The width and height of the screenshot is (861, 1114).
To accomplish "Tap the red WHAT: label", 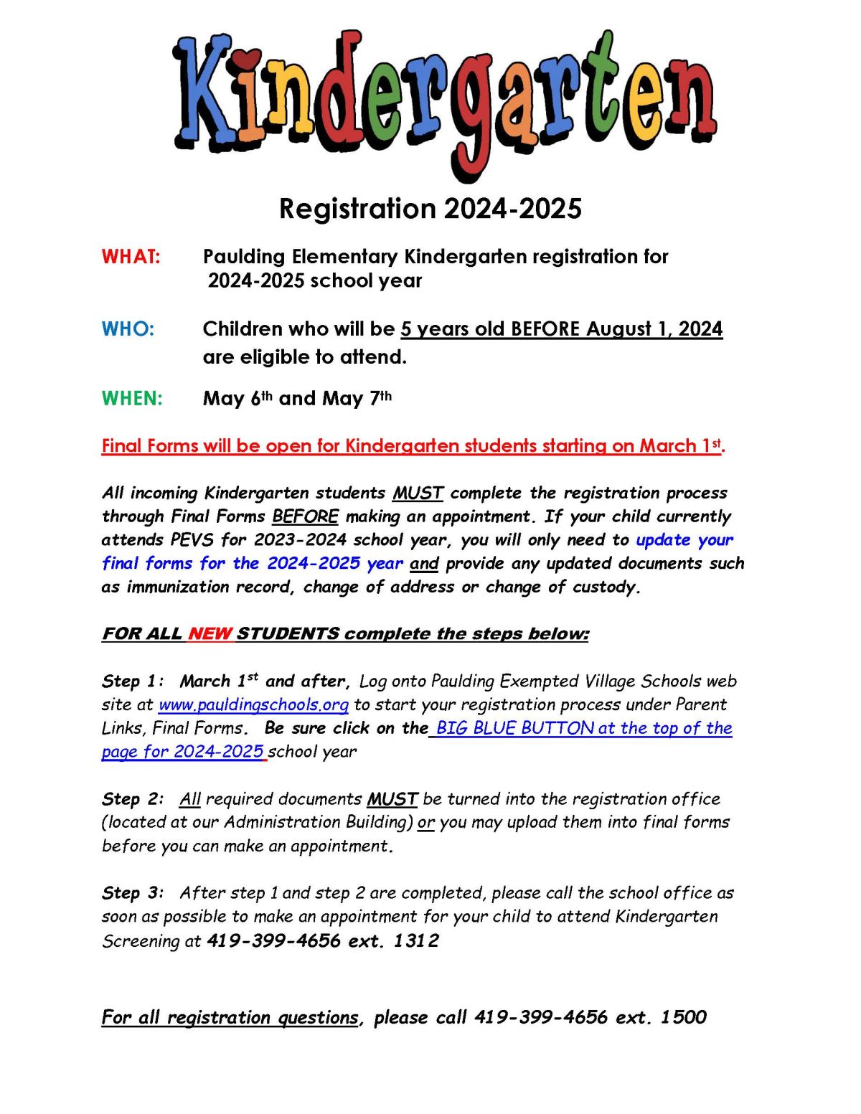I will [131, 257].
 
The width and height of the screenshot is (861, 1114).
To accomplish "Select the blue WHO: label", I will [128, 329].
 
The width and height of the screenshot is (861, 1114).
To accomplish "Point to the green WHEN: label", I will [133, 398].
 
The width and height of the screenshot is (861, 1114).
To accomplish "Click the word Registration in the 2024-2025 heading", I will [357, 209].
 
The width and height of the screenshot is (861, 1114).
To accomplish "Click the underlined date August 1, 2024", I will [654, 329].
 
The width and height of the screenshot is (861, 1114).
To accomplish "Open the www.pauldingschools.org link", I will [253, 705].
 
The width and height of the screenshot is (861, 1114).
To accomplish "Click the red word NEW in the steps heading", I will [210, 634].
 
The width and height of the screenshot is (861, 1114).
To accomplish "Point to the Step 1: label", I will [133, 681].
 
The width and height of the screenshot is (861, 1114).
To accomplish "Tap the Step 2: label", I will [133, 799].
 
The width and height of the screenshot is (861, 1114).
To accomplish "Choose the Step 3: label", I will [133, 893].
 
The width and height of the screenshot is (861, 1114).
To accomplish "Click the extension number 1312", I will [416, 940].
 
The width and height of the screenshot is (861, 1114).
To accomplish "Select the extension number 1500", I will [684, 1017].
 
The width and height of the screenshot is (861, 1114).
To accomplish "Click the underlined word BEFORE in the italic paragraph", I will [305, 516].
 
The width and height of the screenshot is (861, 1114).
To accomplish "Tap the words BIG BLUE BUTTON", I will [514, 728].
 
